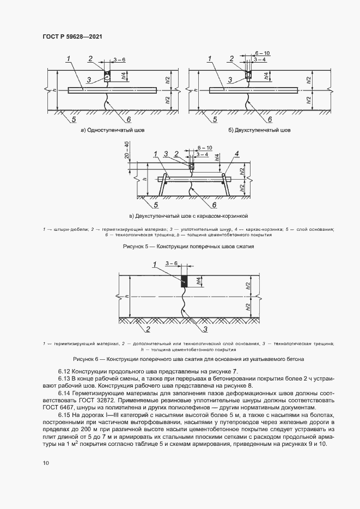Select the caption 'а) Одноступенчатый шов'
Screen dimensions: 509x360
[x=113, y=131]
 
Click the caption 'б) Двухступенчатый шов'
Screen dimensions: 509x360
[x=260, y=131]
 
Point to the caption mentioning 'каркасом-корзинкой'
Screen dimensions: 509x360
[x=188, y=216]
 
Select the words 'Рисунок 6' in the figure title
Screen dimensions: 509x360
[x=88, y=360]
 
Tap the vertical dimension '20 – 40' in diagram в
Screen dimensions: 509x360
[x=126, y=150]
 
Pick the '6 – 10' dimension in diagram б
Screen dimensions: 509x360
[x=263, y=53]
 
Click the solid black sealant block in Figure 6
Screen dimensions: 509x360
[x=184, y=281]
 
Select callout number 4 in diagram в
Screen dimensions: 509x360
[x=237, y=154]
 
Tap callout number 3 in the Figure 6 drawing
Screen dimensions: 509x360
[x=205, y=329]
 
